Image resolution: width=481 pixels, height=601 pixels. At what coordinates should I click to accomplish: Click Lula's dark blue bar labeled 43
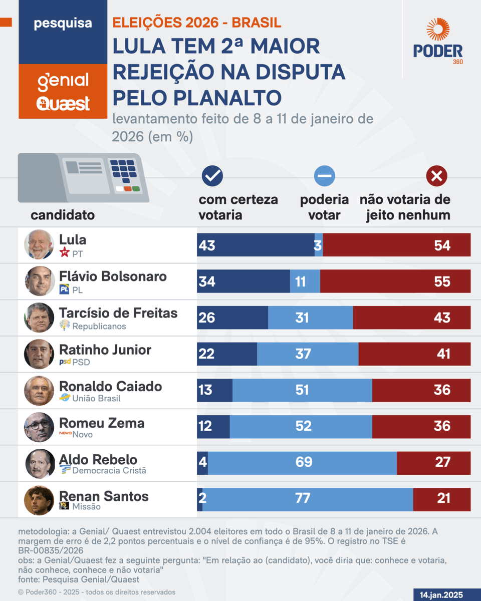tap(256, 245)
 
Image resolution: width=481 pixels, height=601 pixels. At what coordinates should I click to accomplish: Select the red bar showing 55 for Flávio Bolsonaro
tap(395, 281)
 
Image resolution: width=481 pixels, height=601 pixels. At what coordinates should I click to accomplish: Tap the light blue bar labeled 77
tap(308, 498)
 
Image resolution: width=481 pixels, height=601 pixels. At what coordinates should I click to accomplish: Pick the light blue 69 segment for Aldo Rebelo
tap(302, 462)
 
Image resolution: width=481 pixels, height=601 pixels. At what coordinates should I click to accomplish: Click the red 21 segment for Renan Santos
tap(442, 498)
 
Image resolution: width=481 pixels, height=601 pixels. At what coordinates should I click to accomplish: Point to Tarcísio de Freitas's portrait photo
tap(39, 318)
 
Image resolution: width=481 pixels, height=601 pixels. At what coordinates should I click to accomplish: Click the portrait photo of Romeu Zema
tap(39, 427)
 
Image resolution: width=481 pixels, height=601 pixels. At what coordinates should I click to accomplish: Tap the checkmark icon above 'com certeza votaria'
tap(212, 175)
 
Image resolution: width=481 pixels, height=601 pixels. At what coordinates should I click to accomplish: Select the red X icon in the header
tap(436, 176)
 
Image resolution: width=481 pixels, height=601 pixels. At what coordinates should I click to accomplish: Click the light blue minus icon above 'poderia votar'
tap(324, 176)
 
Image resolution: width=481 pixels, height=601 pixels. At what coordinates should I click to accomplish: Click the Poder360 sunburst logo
tap(438, 31)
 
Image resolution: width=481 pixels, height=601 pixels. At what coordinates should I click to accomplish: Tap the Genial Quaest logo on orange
tap(63, 91)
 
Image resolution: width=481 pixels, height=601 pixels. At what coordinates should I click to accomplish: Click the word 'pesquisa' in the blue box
tap(63, 24)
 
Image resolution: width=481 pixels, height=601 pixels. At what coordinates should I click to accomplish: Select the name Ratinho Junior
tap(105, 350)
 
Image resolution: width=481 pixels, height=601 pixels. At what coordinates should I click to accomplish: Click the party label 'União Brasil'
tap(97, 399)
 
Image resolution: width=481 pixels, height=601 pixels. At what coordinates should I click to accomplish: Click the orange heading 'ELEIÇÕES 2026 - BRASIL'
tap(196, 23)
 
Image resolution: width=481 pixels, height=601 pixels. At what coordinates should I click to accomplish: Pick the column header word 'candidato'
tap(63, 215)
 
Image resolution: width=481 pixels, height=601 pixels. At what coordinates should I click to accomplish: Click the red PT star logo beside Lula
tap(64, 253)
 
